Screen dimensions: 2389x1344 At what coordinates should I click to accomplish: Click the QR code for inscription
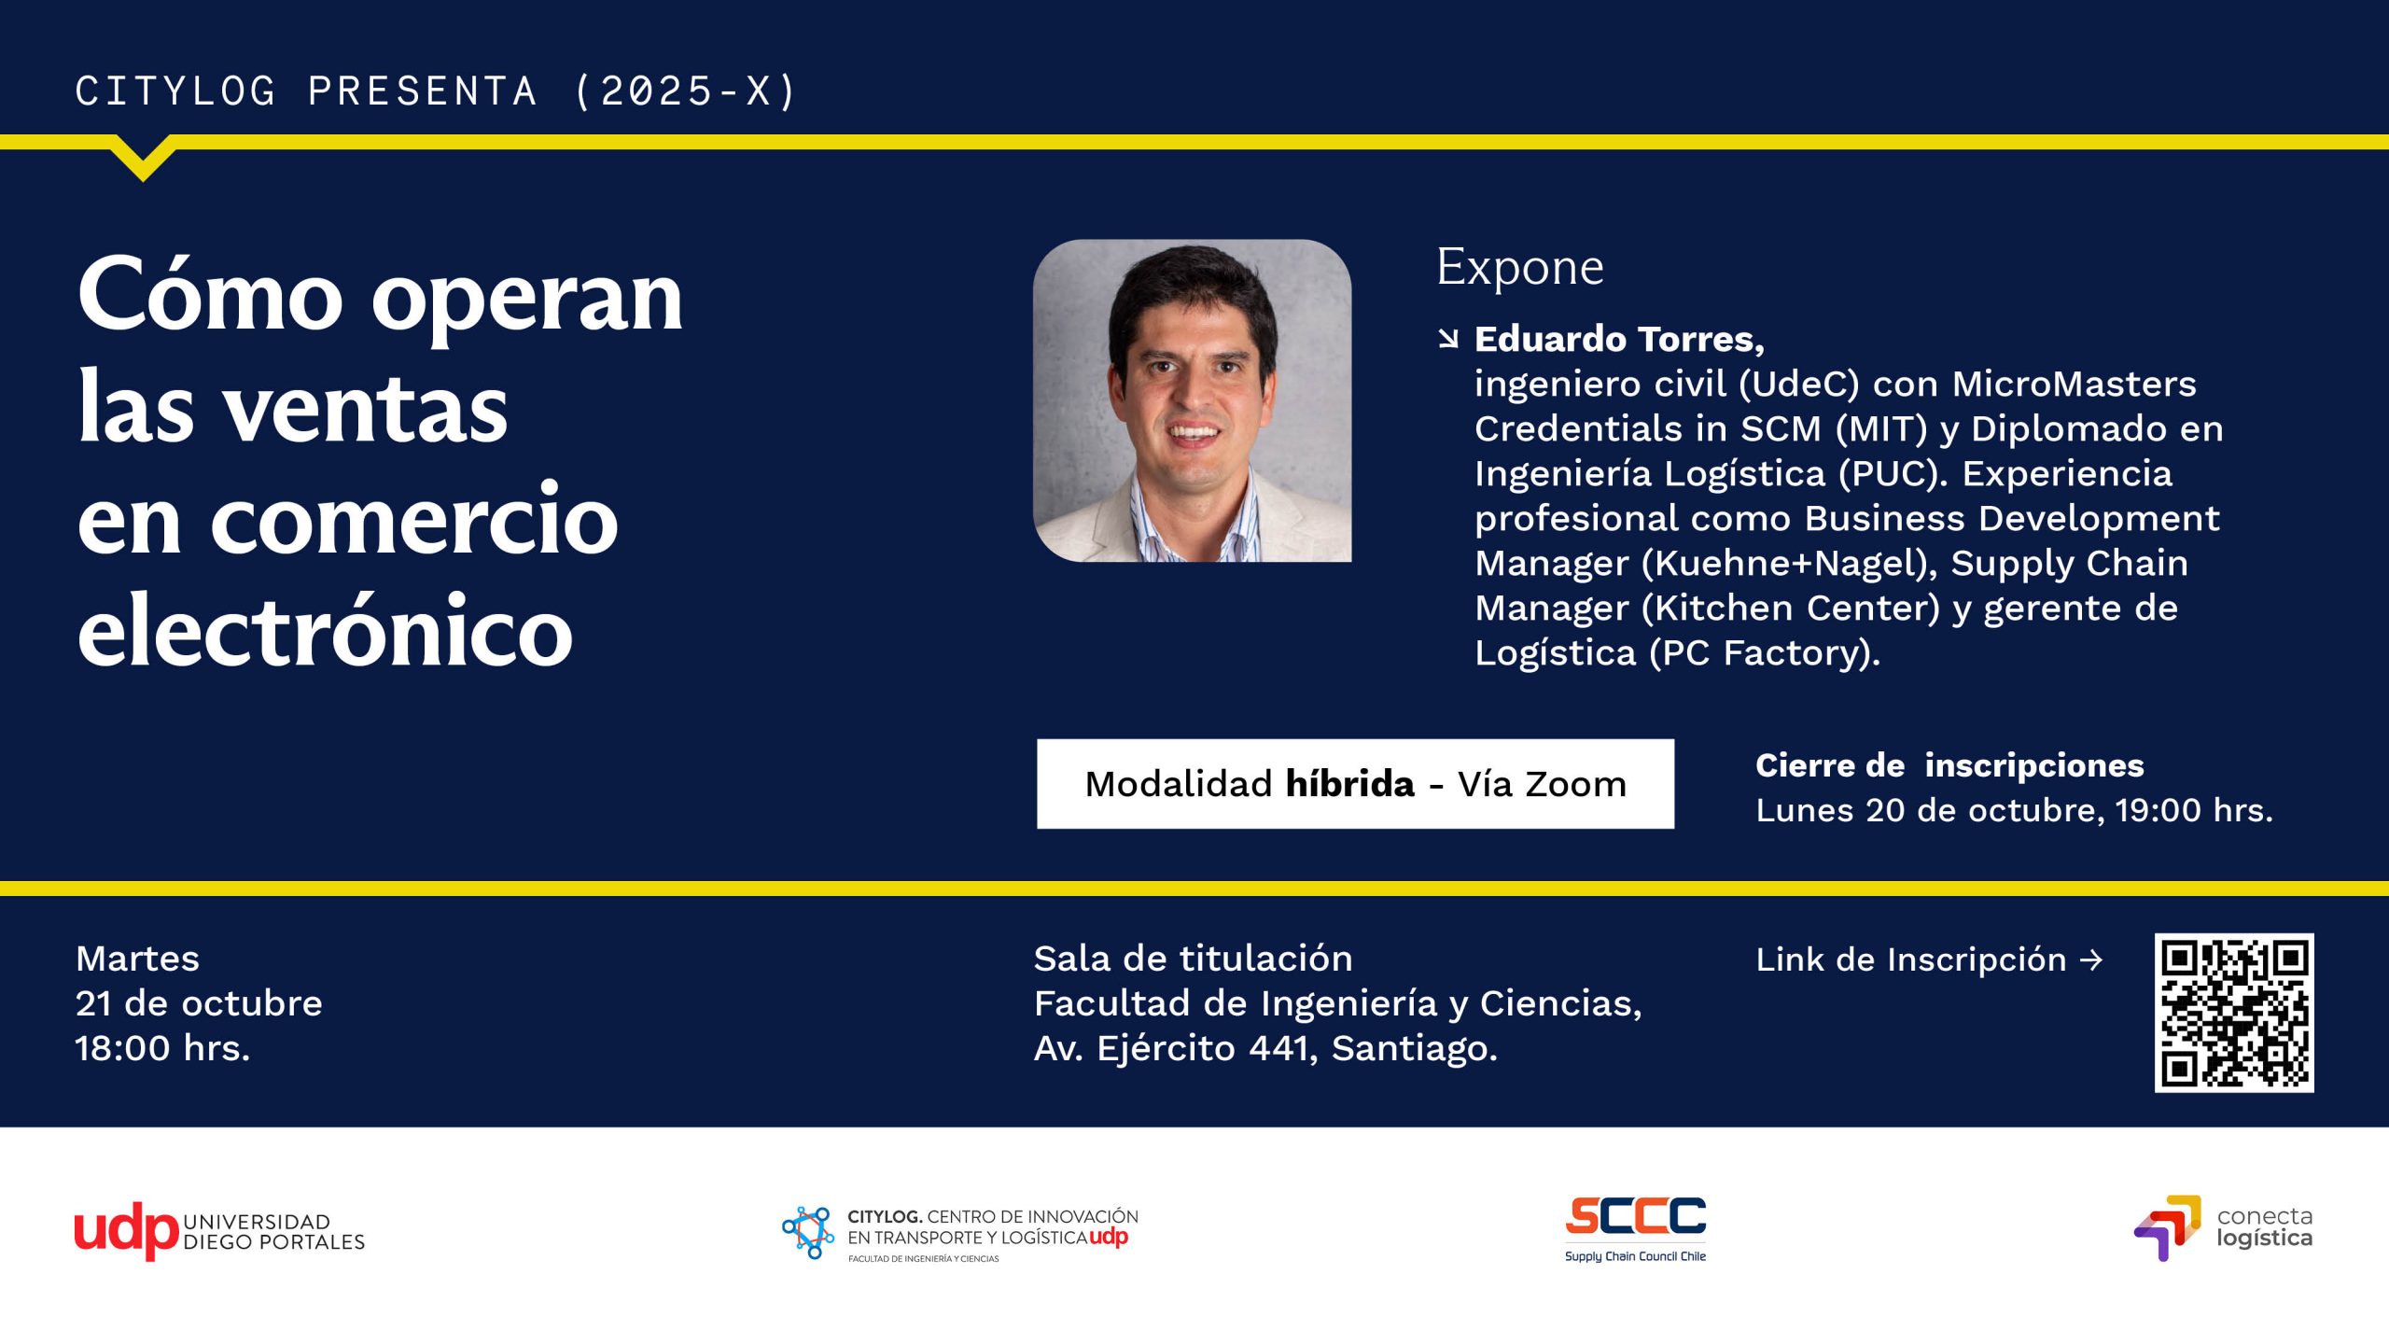pos(2233,1013)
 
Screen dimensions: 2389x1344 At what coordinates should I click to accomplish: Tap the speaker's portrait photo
pos(1192,400)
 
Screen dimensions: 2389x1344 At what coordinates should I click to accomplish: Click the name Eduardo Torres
pos(1619,339)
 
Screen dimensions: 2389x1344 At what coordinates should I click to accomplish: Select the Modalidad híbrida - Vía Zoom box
pos(1355,784)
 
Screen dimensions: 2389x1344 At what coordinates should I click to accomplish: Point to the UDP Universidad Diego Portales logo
pos(219,1231)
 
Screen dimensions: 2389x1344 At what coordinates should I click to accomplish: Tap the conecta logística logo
pos(2223,1228)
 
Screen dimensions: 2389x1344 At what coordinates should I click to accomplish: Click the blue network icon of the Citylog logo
pos(808,1232)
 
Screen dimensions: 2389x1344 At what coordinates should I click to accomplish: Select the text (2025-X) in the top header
pos(685,91)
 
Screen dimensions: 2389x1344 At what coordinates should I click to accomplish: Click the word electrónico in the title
pos(325,631)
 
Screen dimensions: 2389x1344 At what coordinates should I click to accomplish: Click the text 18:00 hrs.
pos(162,1048)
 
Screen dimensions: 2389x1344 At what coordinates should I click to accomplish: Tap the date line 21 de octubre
pos(199,1003)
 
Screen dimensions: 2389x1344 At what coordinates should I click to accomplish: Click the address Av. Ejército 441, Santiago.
pos(1265,1049)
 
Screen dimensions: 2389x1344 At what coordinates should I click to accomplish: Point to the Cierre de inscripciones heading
pos(1949,765)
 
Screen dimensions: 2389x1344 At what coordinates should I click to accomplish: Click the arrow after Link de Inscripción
pos(2092,959)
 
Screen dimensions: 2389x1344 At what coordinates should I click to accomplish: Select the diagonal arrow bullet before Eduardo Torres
pos(1448,339)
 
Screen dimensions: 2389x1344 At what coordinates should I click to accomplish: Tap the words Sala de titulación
pos(1193,959)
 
